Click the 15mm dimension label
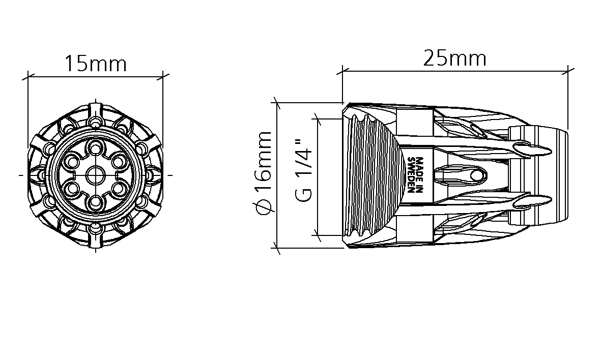click(96, 64)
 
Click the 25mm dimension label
click(454, 58)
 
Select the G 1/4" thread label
click(304, 170)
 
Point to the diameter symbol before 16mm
click(264, 207)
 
